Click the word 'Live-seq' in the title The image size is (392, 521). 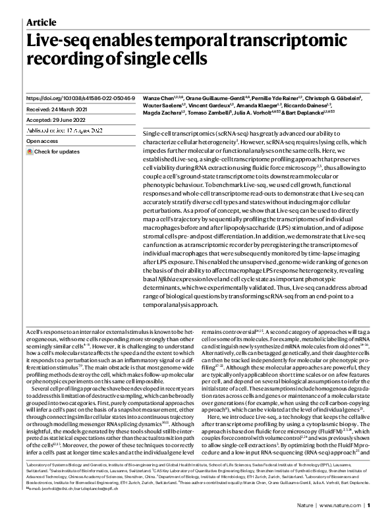click(x=65, y=39)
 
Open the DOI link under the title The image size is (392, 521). click(x=80, y=98)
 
